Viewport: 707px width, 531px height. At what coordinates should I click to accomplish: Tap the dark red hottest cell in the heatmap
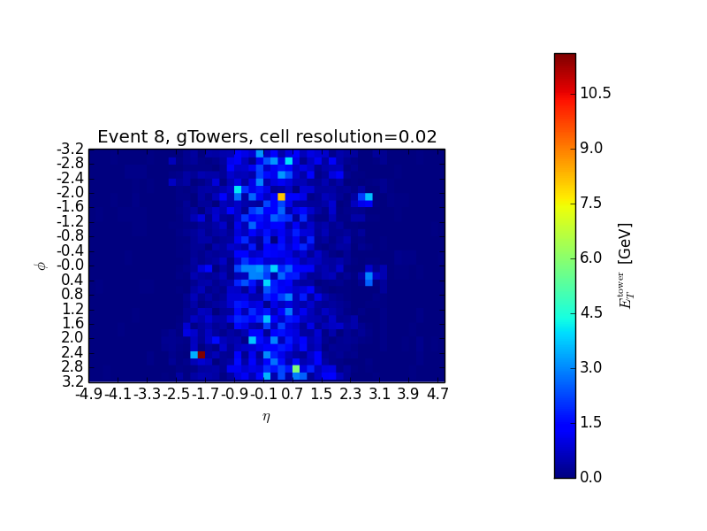click(201, 355)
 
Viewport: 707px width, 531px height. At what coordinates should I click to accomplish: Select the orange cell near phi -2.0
click(281, 196)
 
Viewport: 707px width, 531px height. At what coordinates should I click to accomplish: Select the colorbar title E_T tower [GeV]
click(626, 265)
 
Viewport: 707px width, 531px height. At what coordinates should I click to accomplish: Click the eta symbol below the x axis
click(266, 417)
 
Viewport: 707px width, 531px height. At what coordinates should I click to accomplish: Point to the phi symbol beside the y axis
click(40, 265)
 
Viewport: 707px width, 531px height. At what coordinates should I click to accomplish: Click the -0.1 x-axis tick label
click(265, 393)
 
